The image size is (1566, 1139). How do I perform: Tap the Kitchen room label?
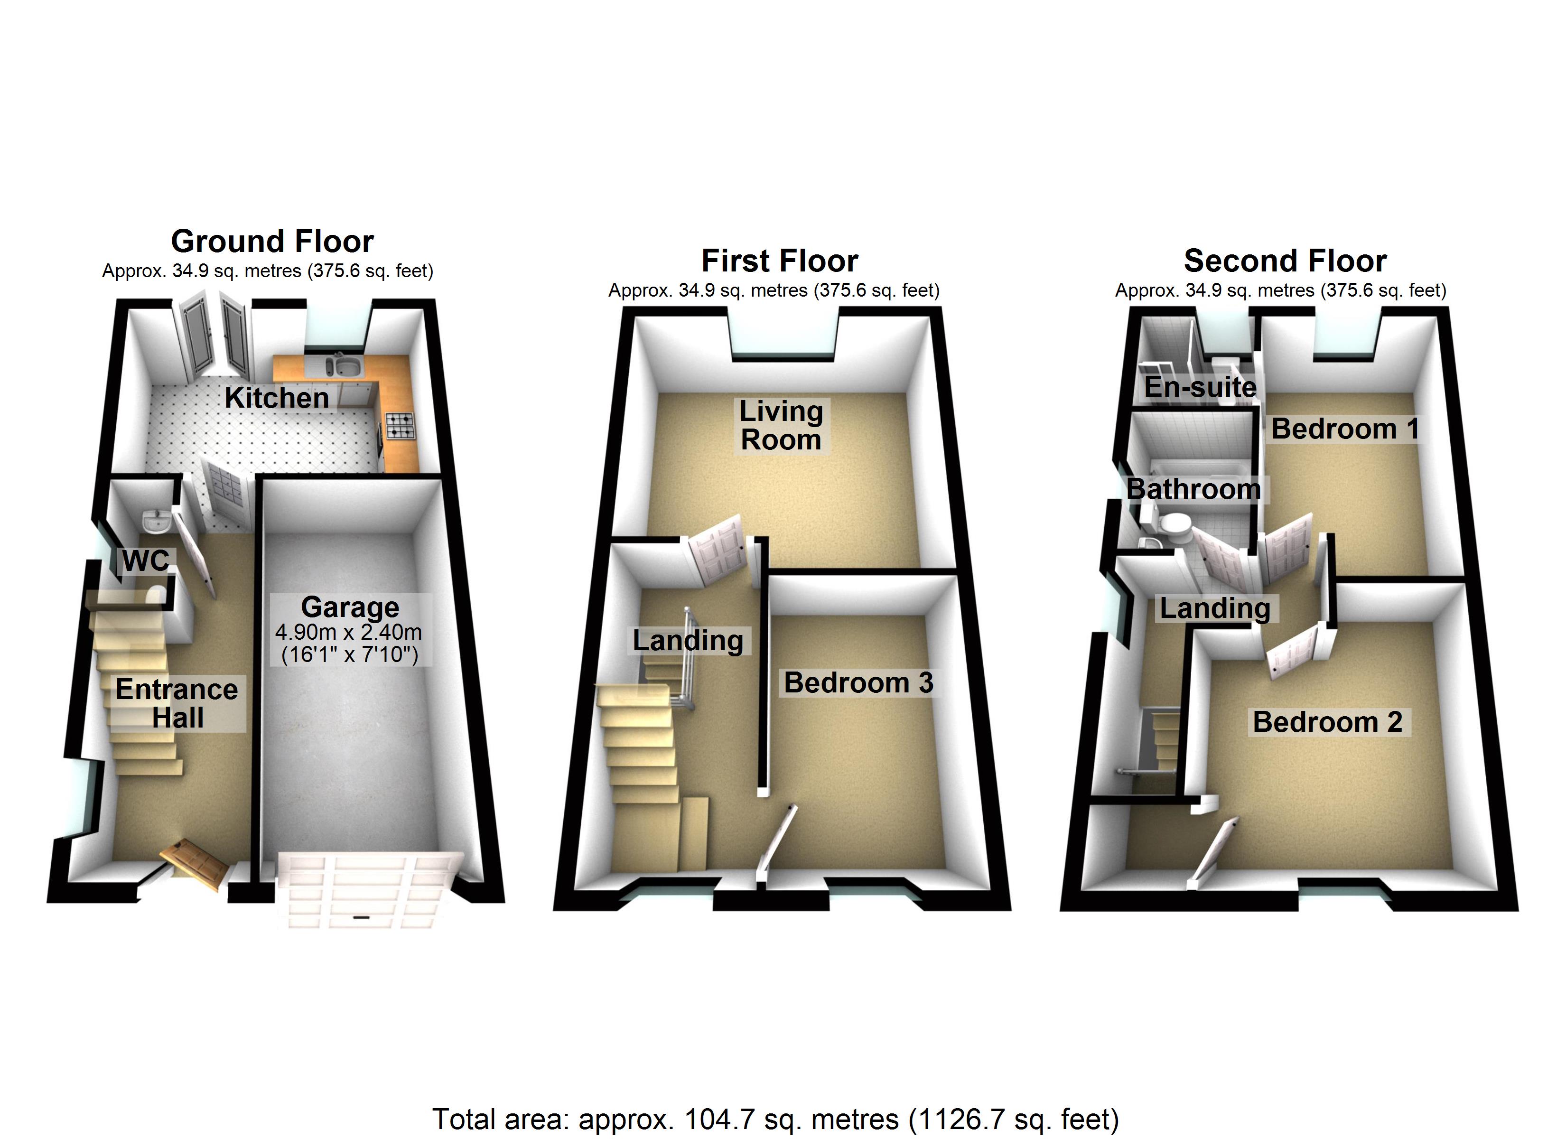coord(277,398)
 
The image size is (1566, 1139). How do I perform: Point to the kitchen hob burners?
coord(400,426)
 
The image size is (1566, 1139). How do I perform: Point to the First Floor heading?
coord(780,261)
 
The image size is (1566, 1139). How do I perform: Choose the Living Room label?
coord(781,426)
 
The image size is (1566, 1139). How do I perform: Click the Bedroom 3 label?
coord(858,682)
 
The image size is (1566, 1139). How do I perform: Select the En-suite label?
coord(1200,387)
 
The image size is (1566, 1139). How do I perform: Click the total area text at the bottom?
coord(775,1119)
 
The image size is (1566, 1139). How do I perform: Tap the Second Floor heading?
coord(1285,261)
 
